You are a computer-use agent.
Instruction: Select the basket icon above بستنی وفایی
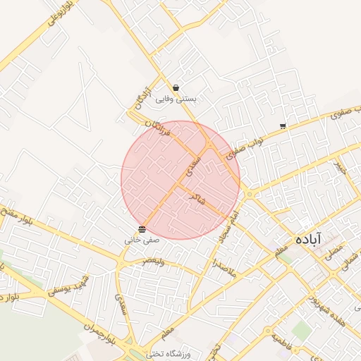tap(175, 88)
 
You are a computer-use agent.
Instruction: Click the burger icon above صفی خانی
tap(142, 229)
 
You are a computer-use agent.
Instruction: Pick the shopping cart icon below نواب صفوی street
tap(283, 126)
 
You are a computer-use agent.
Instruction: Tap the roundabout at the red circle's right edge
tap(248, 194)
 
